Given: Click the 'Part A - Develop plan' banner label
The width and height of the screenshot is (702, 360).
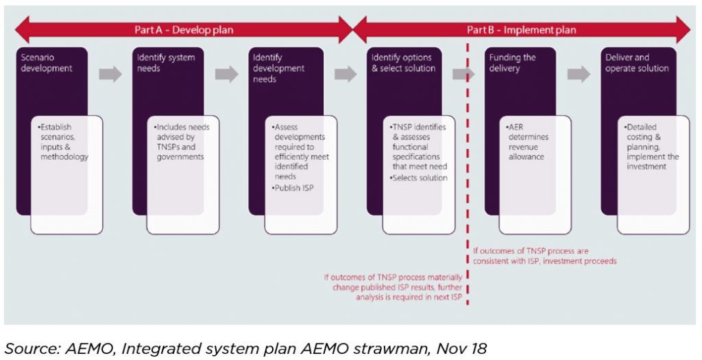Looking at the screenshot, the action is pos(184,30).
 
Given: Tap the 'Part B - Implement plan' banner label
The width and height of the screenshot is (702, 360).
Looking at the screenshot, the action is pos(522,30).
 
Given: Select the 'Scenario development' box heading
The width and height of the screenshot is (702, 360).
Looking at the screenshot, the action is pos(47,63).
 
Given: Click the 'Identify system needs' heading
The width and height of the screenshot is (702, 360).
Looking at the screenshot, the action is pos(166,63).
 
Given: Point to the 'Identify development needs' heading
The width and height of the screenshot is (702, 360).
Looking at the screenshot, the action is pos(278,69).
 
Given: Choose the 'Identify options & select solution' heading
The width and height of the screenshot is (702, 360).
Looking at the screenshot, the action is pos(403,63).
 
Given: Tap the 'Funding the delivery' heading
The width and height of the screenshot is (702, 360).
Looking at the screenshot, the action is pos(512,63).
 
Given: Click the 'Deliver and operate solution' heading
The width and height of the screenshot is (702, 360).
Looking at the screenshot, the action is pos(637,63).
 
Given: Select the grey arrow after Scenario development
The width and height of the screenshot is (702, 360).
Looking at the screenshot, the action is pos(110,74).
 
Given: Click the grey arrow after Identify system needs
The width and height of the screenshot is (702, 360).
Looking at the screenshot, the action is pos(226,74).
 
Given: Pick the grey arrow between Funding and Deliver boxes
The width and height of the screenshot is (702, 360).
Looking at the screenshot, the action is pos(579,74).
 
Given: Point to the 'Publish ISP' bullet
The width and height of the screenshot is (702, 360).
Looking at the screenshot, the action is pos(293,188).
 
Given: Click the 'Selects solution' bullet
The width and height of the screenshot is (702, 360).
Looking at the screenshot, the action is pos(419,178).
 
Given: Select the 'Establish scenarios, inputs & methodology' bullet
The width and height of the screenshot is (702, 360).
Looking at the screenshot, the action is pos(63,142).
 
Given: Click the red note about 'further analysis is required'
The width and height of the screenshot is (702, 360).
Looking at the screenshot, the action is pos(393,287).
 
